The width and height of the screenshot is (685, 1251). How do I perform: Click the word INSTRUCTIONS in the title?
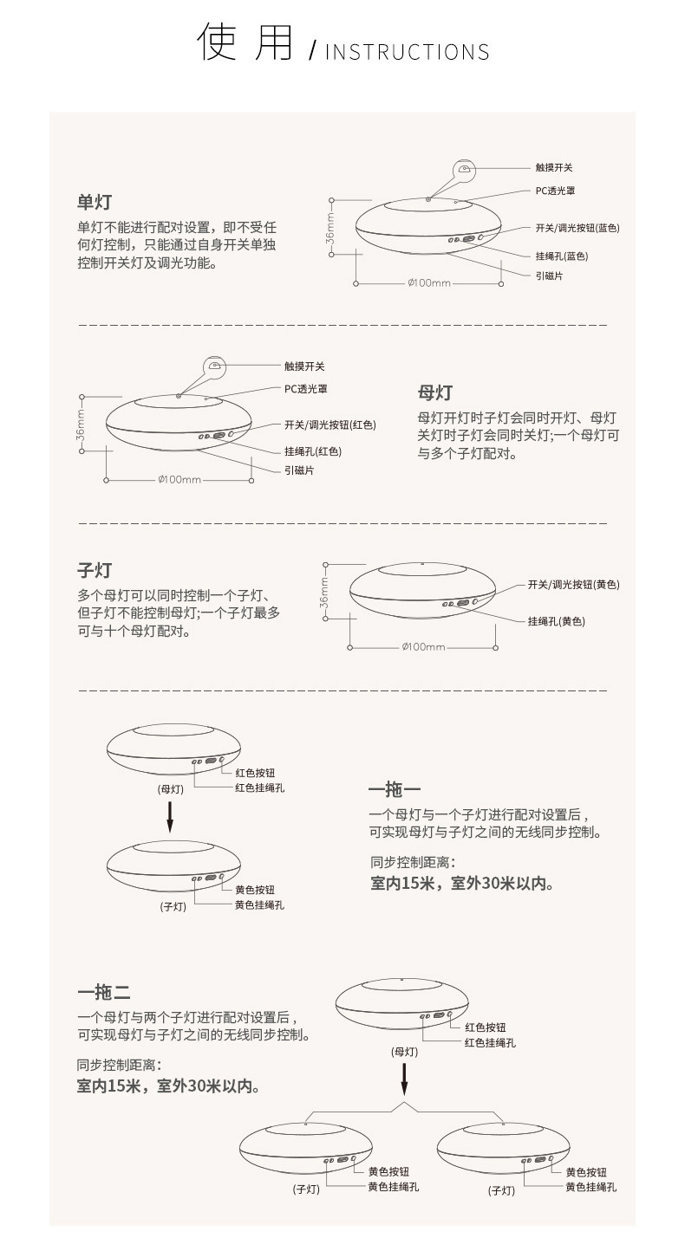point(407,52)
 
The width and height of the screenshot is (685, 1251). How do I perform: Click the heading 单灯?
point(95,203)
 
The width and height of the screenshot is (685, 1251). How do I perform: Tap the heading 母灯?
point(434,392)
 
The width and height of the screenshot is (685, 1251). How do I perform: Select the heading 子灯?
point(95,570)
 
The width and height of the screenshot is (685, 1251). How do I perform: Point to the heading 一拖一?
point(395,790)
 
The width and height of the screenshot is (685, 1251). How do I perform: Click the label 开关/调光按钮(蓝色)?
point(577,228)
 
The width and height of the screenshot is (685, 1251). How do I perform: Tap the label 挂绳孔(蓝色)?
point(562,256)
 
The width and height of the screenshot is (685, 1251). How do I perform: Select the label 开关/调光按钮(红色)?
point(330,425)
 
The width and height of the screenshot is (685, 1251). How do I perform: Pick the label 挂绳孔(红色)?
point(313,451)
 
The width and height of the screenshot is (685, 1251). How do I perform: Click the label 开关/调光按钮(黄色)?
point(573,585)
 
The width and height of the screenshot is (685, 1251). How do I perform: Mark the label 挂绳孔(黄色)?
point(557,621)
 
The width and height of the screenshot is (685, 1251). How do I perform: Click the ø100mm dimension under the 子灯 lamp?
point(424,647)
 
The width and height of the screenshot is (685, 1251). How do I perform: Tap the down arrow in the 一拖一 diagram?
point(170,816)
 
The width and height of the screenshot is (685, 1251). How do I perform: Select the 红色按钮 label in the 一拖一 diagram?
point(256,773)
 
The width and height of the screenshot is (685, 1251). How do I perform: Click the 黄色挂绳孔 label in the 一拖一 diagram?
point(260,904)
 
